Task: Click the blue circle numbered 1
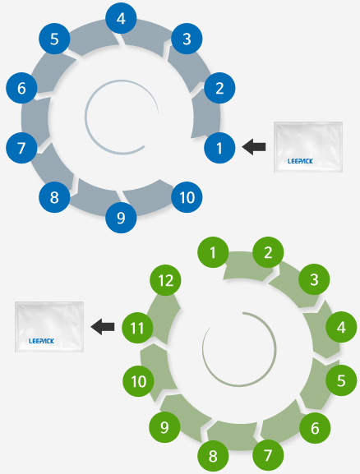219,148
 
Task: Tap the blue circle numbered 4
121,18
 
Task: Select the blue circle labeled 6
21,88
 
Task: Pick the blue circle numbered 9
121,218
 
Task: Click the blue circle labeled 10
187,197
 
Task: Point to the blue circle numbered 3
187,39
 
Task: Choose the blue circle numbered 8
54,197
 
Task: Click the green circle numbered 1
213,252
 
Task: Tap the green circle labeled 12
166,280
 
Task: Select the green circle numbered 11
137,328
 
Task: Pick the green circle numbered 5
341,380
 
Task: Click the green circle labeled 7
268,455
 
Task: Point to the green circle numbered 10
139,381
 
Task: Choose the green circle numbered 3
314,279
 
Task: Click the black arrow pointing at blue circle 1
254,147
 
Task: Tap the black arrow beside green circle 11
103,327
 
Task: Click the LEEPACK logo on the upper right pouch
300,161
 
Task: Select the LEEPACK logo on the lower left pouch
41,341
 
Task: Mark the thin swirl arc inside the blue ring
86,117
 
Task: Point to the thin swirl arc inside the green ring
275,347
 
